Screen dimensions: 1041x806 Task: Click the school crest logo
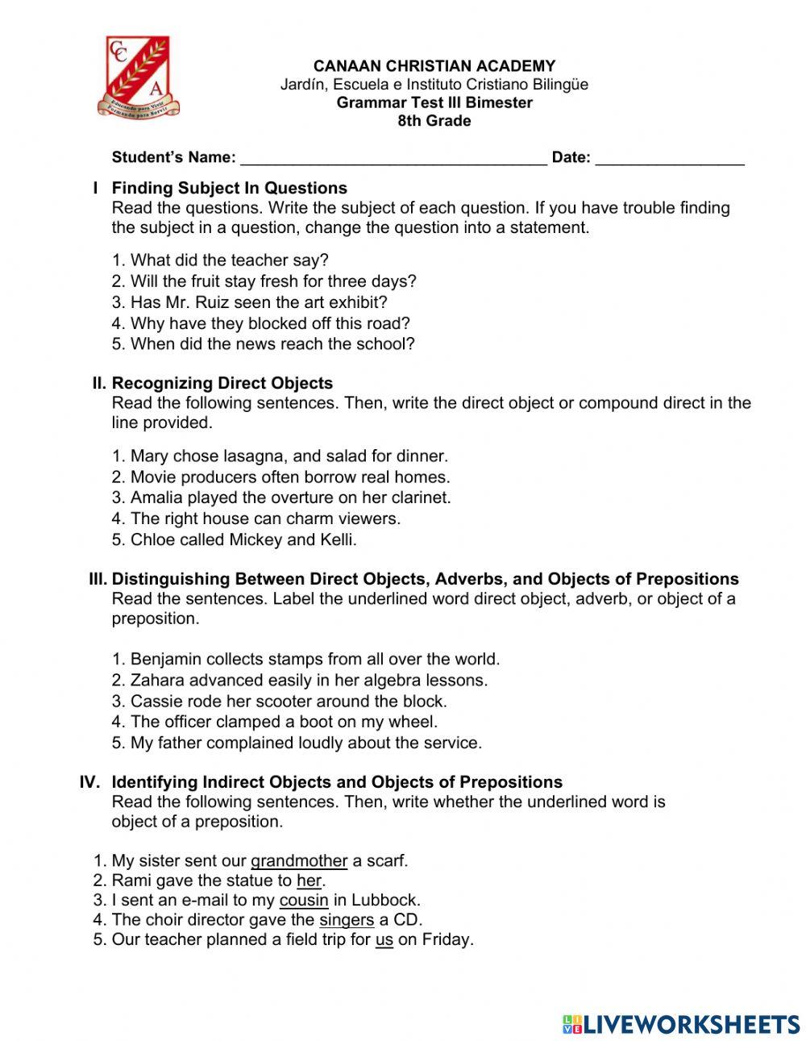(138, 77)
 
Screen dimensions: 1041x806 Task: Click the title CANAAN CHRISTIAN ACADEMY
(434, 66)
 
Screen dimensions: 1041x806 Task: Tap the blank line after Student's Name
(393, 158)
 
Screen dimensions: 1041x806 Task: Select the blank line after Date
(669, 158)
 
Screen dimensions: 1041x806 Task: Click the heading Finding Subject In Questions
(229, 188)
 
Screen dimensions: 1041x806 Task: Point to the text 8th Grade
(434, 121)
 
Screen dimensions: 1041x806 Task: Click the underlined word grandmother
(298, 861)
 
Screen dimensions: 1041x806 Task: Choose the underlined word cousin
(303, 900)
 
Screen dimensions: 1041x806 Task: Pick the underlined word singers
(347, 920)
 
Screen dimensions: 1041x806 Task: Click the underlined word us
(384, 939)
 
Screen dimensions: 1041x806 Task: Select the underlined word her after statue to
(309, 881)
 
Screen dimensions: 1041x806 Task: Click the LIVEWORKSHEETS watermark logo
(680, 1024)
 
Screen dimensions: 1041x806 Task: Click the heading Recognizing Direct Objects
(222, 383)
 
